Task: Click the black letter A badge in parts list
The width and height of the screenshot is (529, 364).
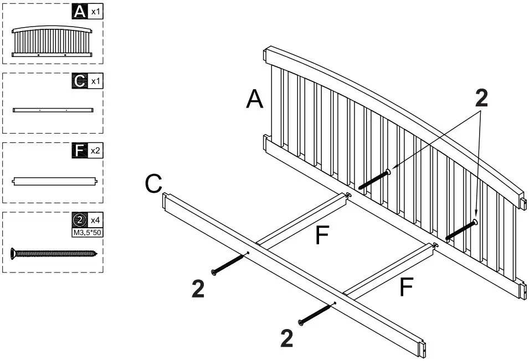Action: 81,11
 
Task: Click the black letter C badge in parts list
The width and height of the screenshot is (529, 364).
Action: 81,81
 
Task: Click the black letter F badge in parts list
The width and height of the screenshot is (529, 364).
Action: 81,150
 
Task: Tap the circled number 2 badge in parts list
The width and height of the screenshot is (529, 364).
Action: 81,220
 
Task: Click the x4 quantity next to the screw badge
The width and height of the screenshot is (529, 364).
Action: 96,220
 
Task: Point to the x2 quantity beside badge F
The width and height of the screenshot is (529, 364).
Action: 96,150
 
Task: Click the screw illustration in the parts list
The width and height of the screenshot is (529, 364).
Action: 53,254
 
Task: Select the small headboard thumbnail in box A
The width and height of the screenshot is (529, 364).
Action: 52,42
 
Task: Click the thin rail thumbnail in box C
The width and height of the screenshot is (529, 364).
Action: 53,110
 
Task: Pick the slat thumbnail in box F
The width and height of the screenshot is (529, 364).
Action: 55,181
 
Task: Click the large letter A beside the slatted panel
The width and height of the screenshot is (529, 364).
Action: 254,100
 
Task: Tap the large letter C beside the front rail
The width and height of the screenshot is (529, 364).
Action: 153,184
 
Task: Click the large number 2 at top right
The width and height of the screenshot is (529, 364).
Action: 481,99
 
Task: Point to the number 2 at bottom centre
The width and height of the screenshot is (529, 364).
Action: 286,339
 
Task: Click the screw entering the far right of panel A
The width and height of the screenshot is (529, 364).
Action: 460,230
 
